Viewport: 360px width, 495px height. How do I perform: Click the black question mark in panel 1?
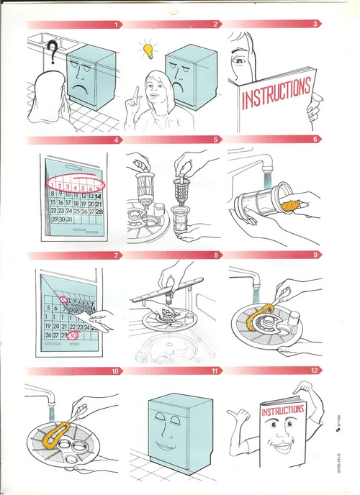51,52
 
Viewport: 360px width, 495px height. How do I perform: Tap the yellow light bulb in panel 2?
149,50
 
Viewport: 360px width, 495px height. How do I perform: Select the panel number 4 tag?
116,140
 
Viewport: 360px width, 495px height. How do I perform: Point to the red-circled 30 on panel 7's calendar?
74,335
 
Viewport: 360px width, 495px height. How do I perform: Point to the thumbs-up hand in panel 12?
238,417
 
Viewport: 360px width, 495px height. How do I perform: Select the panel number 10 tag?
114,372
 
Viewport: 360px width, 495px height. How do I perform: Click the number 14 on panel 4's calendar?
98,196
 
